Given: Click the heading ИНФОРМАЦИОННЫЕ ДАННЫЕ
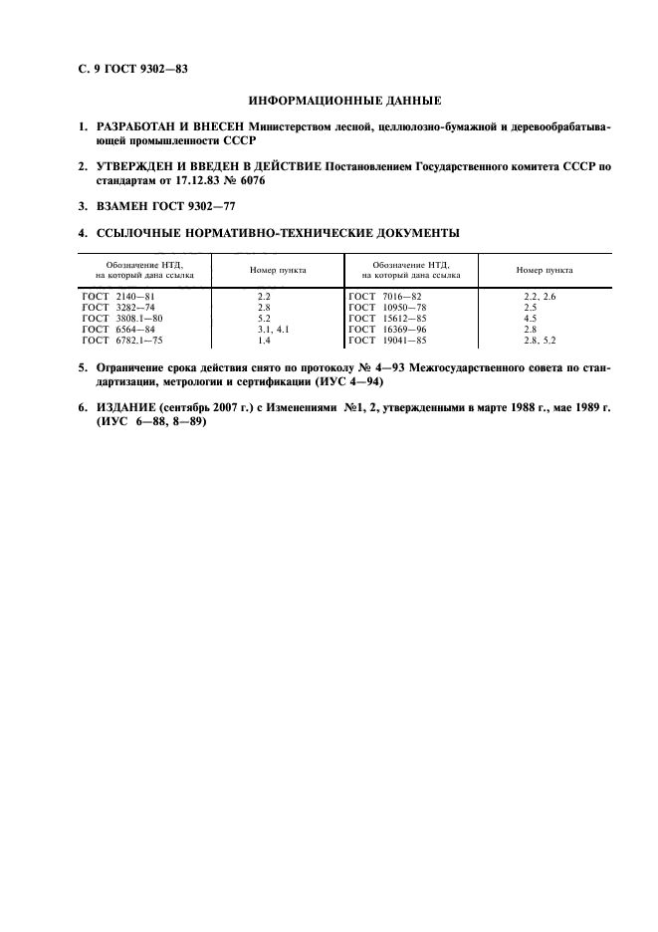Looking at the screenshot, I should [x=342, y=101].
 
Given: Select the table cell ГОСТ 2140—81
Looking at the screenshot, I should [x=119, y=298].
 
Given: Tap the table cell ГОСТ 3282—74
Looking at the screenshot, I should [x=119, y=308].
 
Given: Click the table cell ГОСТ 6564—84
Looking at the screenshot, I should [x=119, y=329].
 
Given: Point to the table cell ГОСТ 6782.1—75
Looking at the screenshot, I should [x=123, y=340].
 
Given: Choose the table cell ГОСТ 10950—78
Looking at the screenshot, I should [x=388, y=308].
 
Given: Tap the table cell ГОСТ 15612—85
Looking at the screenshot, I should [x=388, y=319].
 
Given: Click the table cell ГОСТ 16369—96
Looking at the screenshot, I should [x=388, y=329].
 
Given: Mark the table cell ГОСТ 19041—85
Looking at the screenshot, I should [x=388, y=340].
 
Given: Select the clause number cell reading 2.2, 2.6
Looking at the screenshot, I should [x=540, y=298].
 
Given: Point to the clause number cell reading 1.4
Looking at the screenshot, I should [x=264, y=340].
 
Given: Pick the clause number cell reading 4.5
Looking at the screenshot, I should [x=530, y=319].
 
